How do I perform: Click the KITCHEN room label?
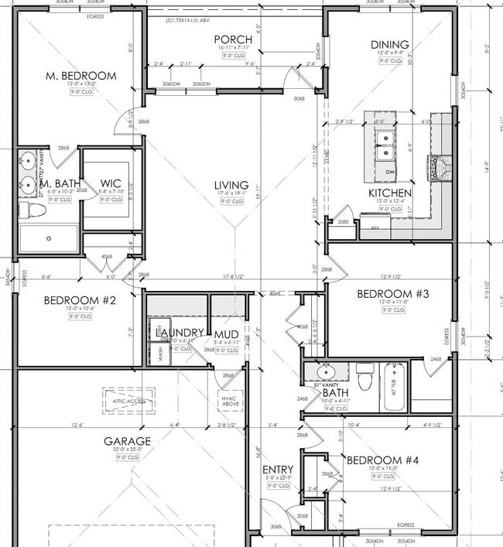point(389,193)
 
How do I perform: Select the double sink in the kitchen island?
point(385,144)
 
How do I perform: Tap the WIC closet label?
point(111,184)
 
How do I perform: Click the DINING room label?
point(390,45)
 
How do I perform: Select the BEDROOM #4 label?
point(382,460)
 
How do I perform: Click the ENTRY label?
point(277,470)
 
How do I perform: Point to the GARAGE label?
point(128,441)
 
